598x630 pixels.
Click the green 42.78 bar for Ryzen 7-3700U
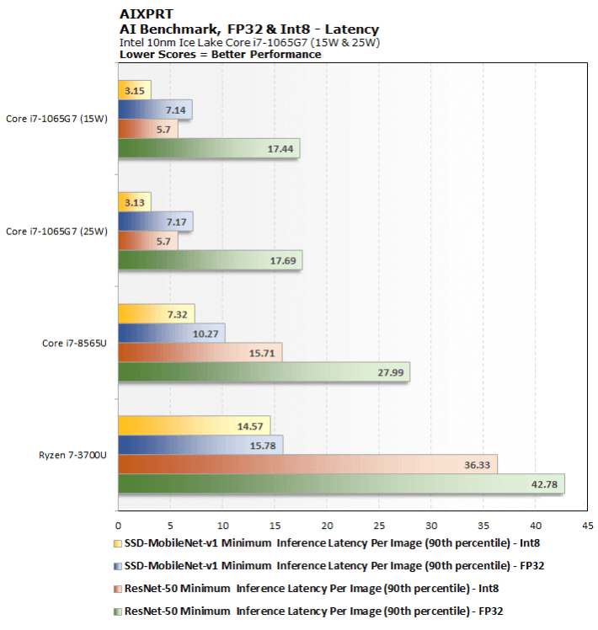pos(341,483)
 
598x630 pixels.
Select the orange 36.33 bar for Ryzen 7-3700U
pos(307,464)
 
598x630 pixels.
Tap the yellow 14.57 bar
pos(194,426)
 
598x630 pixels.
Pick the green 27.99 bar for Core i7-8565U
pos(264,372)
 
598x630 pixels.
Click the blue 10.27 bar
pos(172,334)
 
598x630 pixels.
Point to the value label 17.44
pos(280,149)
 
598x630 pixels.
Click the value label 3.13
pos(134,203)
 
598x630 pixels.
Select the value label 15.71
pos(262,354)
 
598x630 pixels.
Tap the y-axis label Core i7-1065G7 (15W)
pos(56,119)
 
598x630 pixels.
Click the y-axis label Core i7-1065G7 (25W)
pos(56,232)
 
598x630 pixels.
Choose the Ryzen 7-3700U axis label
pos(72,455)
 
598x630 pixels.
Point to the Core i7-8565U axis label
pos(74,343)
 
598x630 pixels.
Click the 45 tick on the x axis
pos(588,526)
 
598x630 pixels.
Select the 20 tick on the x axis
pos(327,526)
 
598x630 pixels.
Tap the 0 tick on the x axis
pos(118,526)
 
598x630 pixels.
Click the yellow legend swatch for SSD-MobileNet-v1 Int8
pos(117,543)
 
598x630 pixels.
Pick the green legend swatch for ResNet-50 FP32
pos(117,611)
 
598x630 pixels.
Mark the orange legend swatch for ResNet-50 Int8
pos(117,589)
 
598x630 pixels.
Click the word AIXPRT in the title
pos(147,14)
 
